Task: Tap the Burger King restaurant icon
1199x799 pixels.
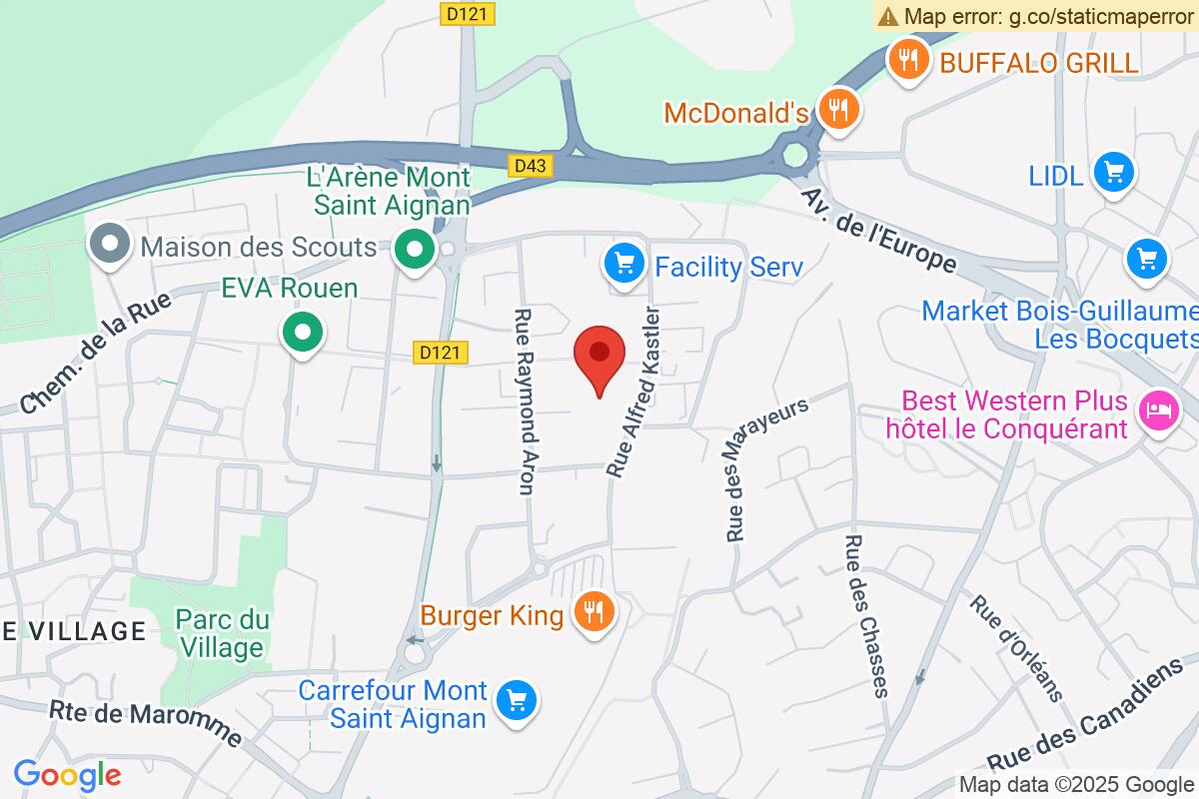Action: [597, 612]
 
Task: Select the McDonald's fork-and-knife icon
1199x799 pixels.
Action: [836, 109]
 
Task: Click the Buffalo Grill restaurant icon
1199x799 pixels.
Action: [907, 62]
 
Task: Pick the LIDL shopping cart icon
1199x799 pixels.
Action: [1113, 173]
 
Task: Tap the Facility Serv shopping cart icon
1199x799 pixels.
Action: [623, 266]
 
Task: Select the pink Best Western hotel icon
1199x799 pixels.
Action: [1159, 410]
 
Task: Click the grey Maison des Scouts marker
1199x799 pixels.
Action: [107, 246]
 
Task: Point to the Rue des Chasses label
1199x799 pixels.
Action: [866, 615]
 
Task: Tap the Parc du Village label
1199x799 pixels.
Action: [223, 633]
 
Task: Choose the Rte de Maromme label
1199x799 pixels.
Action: [146, 722]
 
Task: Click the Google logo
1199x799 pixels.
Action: [67, 774]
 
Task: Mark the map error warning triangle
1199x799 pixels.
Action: [887, 16]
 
